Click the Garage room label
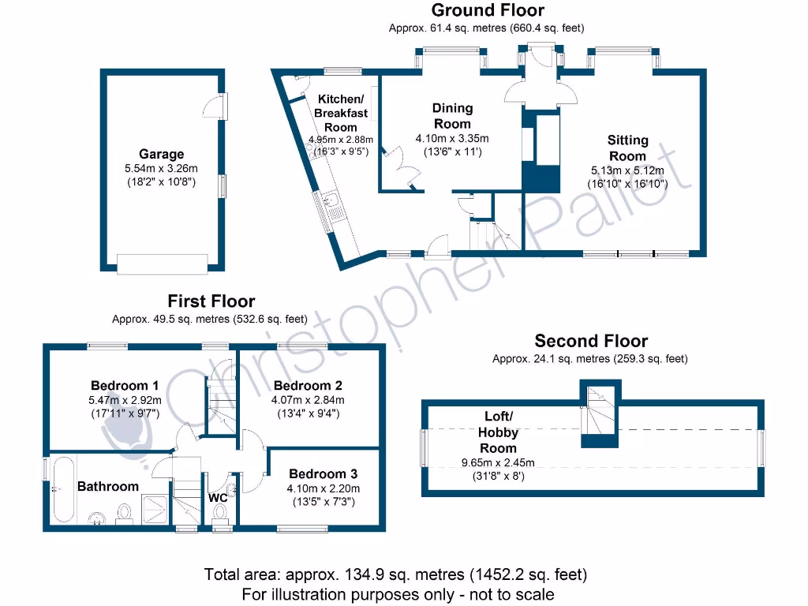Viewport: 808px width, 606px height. pyautogui.click(x=162, y=155)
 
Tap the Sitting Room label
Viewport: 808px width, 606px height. pyautogui.click(x=627, y=148)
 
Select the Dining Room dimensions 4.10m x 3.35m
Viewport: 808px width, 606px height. pyautogui.click(x=453, y=138)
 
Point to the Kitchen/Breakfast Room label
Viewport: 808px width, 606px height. pyautogui.click(x=341, y=113)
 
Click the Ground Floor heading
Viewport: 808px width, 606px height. pyautogui.click(x=486, y=10)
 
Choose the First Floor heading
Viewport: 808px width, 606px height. pyautogui.click(x=211, y=301)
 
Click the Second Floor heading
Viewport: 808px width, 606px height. pyautogui.click(x=590, y=341)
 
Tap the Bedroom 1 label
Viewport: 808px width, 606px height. pyautogui.click(x=125, y=385)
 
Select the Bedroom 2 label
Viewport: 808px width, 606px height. pyautogui.click(x=308, y=386)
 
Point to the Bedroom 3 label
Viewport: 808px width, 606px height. pyautogui.click(x=323, y=473)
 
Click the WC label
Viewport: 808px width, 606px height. pyautogui.click(x=218, y=498)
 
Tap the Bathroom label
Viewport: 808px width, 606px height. pyautogui.click(x=108, y=486)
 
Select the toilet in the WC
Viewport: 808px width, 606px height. pyautogui.click(x=219, y=514)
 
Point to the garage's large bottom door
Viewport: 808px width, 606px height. pyautogui.click(x=162, y=263)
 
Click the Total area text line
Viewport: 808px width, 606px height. pyautogui.click(x=395, y=574)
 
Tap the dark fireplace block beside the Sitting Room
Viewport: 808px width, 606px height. pyautogui.click(x=541, y=150)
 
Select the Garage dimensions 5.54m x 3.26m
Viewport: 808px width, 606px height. pyautogui.click(x=162, y=168)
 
